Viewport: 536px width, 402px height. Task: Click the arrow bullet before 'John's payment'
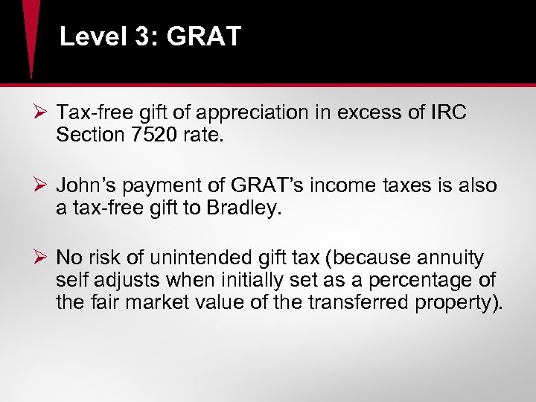pyautogui.click(x=41, y=185)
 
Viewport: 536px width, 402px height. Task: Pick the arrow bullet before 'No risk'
pyautogui.click(x=41, y=258)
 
